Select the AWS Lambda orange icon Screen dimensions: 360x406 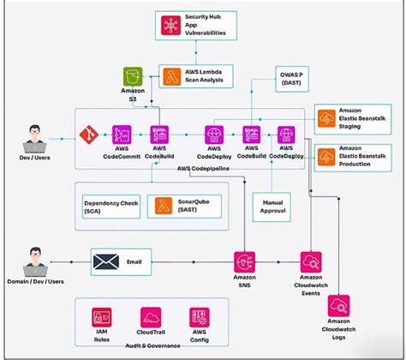[171, 76]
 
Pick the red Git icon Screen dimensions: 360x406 [87, 135]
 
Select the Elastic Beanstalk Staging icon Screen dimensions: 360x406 [327, 120]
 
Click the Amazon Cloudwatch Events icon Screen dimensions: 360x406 [310, 261]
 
